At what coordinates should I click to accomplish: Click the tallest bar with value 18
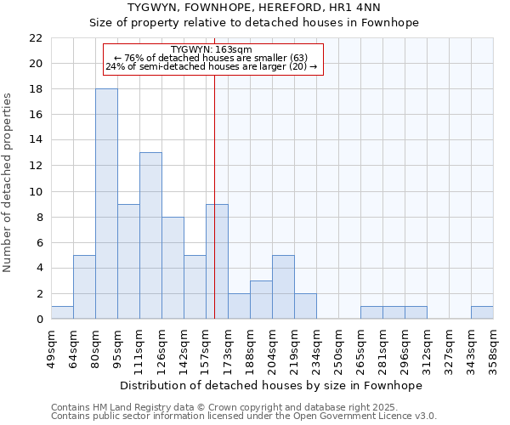[106, 204]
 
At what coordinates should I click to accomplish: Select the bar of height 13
[150, 235]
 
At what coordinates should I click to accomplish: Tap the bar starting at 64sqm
[84, 286]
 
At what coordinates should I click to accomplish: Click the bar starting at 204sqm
[283, 286]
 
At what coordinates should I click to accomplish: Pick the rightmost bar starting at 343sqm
[482, 312]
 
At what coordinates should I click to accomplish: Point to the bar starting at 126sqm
[173, 268]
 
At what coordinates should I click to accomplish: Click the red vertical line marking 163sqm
[215, 195]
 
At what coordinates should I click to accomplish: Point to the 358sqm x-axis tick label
[493, 347]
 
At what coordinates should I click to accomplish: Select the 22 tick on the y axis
[36, 38]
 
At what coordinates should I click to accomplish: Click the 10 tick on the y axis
[36, 191]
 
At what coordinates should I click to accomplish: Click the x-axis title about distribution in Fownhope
[271, 385]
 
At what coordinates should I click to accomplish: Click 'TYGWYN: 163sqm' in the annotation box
[211, 50]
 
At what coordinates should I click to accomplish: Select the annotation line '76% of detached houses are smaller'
[211, 58]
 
